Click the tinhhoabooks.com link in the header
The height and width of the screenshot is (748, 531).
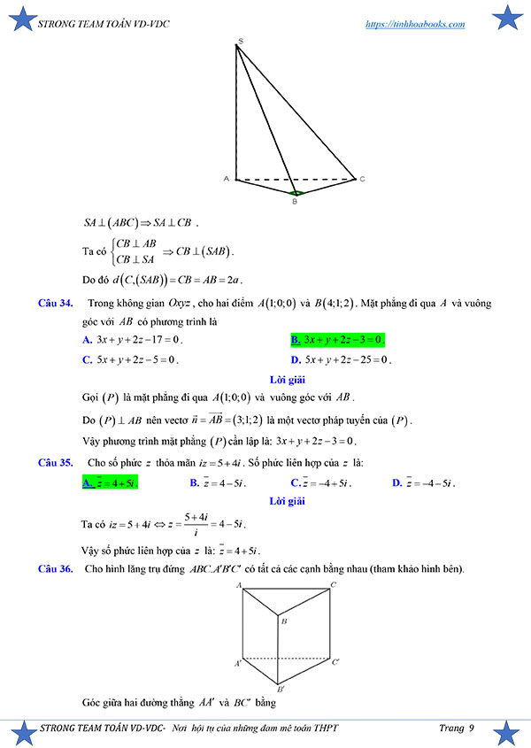(x=415, y=24)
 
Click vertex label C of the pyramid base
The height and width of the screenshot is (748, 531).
(x=361, y=179)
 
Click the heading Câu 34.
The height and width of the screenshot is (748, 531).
(x=55, y=304)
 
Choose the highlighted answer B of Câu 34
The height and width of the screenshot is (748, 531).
(x=338, y=339)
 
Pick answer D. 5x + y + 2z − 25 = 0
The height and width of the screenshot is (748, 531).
(x=341, y=360)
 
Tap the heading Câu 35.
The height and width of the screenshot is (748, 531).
(x=55, y=462)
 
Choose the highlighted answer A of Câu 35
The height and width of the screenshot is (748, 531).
(x=110, y=483)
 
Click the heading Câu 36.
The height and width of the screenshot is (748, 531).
(x=55, y=568)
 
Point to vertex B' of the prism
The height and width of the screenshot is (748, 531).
(x=280, y=688)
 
